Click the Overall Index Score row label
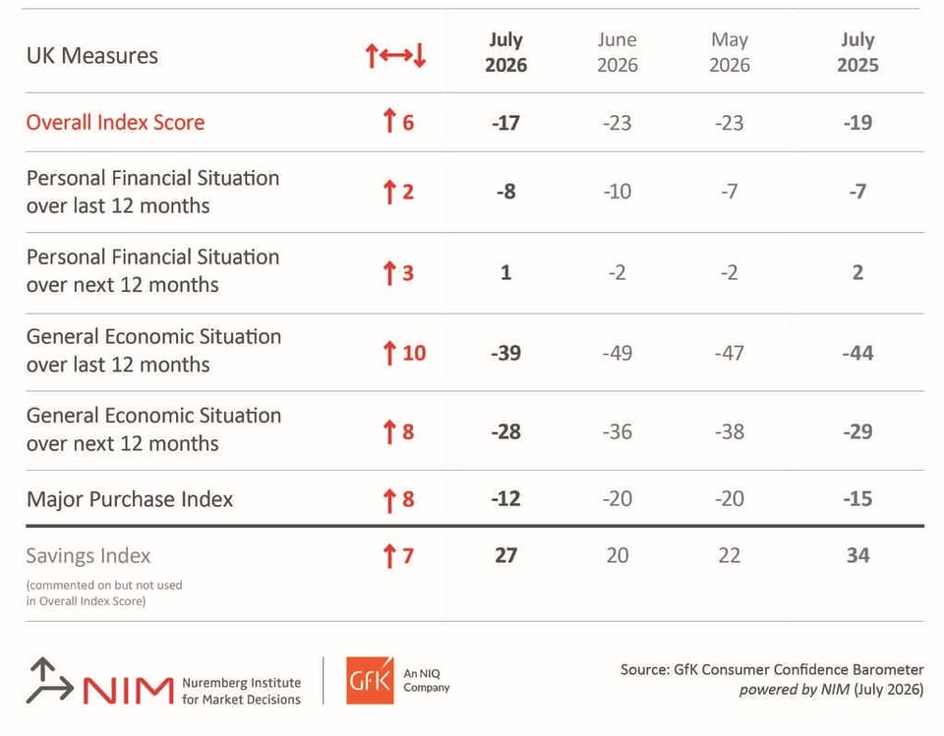(x=116, y=122)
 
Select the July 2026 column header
(x=505, y=52)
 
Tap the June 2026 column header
(x=618, y=52)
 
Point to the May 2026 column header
(x=729, y=52)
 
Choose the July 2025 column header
(x=857, y=52)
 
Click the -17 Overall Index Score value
(x=505, y=123)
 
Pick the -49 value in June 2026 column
(x=618, y=353)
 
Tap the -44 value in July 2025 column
(x=857, y=353)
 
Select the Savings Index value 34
(x=857, y=555)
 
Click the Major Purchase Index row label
(x=130, y=499)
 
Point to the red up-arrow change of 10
(x=404, y=353)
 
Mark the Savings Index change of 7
(x=398, y=555)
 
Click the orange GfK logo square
(x=370, y=681)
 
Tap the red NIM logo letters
(x=128, y=690)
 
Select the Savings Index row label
(x=88, y=555)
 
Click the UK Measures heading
(x=92, y=55)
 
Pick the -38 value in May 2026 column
(x=729, y=431)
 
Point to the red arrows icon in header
(x=395, y=55)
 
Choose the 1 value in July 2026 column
(x=505, y=272)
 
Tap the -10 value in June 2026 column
(x=618, y=192)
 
